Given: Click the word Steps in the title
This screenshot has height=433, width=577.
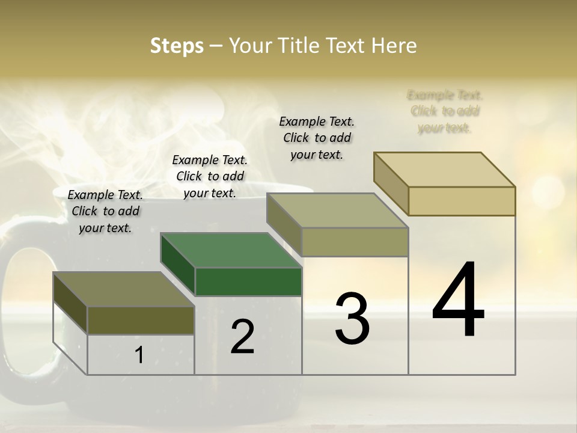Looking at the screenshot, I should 177,46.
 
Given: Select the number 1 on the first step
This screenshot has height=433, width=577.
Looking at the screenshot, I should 139,355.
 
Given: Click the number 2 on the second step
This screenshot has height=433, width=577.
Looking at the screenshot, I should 242,337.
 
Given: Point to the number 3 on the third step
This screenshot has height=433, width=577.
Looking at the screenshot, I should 352,319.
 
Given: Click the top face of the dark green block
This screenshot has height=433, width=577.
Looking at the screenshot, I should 231,250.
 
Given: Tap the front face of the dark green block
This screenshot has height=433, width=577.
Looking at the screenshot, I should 248,281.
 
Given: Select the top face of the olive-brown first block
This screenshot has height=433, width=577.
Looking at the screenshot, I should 124,289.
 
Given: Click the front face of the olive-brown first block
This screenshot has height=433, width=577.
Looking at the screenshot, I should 141,320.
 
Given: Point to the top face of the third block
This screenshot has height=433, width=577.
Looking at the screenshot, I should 338,210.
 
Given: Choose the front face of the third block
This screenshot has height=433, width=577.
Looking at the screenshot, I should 355,242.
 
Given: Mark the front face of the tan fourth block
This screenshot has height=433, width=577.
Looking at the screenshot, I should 462,201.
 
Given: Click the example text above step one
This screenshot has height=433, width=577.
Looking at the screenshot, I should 105,211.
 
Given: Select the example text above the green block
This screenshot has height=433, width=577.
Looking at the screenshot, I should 210,176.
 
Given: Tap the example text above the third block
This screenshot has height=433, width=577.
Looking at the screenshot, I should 317,138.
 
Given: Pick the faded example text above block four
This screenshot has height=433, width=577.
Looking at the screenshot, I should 445,111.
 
